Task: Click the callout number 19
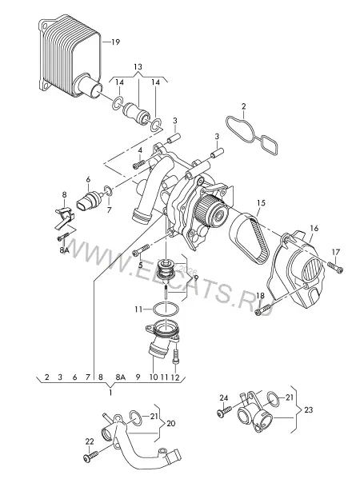click(x=116, y=42)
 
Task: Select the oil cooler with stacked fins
click(x=70, y=56)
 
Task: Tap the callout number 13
click(x=138, y=66)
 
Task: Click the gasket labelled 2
click(x=252, y=134)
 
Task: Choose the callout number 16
click(x=314, y=228)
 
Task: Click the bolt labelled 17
click(x=335, y=267)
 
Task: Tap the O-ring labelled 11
click(x=166, y=309)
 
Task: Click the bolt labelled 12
click(x=176, y=357)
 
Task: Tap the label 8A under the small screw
click(x=64, y=249)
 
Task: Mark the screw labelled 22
click(x=90, y=456)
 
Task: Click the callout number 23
click(x=308, y=409)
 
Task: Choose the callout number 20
click(x=170, y=423)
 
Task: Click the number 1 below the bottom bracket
click(x=110, y=393)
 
